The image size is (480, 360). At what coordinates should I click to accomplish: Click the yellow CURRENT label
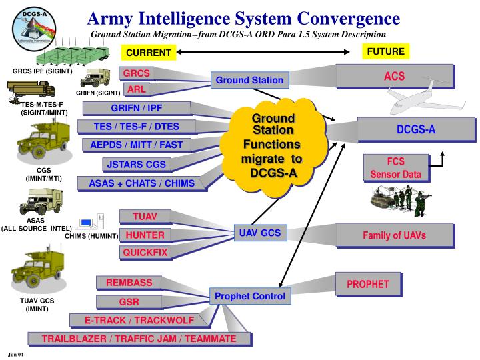tap(149, 53)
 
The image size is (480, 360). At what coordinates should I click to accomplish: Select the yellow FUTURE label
tap(385, 51)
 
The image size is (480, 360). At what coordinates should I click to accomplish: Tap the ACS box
tap(394, 76)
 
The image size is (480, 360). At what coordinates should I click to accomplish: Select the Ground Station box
tap(249, 81)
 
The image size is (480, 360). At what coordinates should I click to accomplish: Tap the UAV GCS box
tap(260, 233)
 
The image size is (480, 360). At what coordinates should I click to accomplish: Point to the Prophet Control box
tap(249, 295)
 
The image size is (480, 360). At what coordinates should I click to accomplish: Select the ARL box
tap(137, 89)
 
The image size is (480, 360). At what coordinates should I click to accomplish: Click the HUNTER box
tap(145, 235)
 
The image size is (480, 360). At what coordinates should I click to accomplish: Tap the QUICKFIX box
tap(145, 253)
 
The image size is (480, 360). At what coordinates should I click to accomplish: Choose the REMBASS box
tap(129, 283)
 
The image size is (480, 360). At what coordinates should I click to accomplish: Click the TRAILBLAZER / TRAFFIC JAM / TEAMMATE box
tap(139, 339)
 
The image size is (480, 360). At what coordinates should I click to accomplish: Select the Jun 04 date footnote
tap(15, 353)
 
